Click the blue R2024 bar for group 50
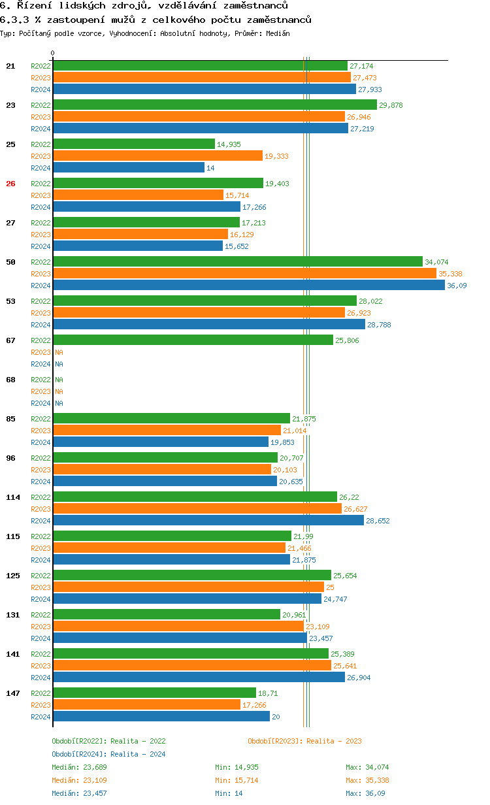click(248, 286)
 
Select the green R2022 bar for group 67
click(193, 340)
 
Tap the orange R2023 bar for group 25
click(157, 156)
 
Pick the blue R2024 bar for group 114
click(208, 521)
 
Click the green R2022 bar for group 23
click(214, 105)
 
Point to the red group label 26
click(10, 184)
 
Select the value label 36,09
click(457, 286)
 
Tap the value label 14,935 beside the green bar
click(229, 144)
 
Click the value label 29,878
click(391, 105)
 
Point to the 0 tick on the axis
click(53, 53)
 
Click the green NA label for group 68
click(59, 380)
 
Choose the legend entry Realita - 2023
click(304, 741)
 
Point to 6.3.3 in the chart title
click(14, 20)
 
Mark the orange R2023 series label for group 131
click(41, 627)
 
